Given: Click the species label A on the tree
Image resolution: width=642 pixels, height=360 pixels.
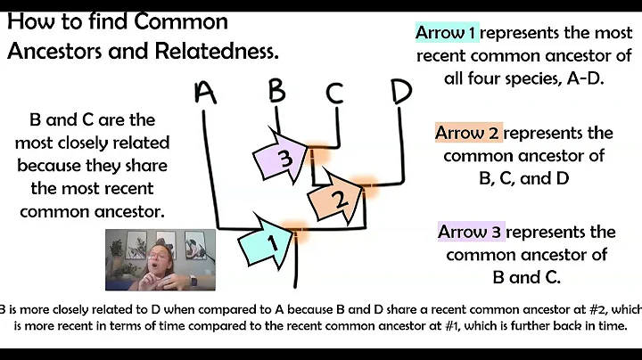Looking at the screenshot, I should click(206, 93).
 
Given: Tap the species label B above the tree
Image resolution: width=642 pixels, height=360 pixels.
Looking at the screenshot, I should click(276, 92).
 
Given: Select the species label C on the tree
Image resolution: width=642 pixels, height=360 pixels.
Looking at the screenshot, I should click(335, 93).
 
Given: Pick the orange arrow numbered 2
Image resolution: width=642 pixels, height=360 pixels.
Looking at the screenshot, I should click(334, 200).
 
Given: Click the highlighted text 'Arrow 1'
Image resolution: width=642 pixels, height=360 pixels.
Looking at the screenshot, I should click(448, 34).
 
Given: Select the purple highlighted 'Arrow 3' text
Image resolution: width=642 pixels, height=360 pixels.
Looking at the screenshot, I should click(471, 233).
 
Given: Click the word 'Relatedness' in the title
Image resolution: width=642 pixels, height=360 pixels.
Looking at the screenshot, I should click(212, 51).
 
